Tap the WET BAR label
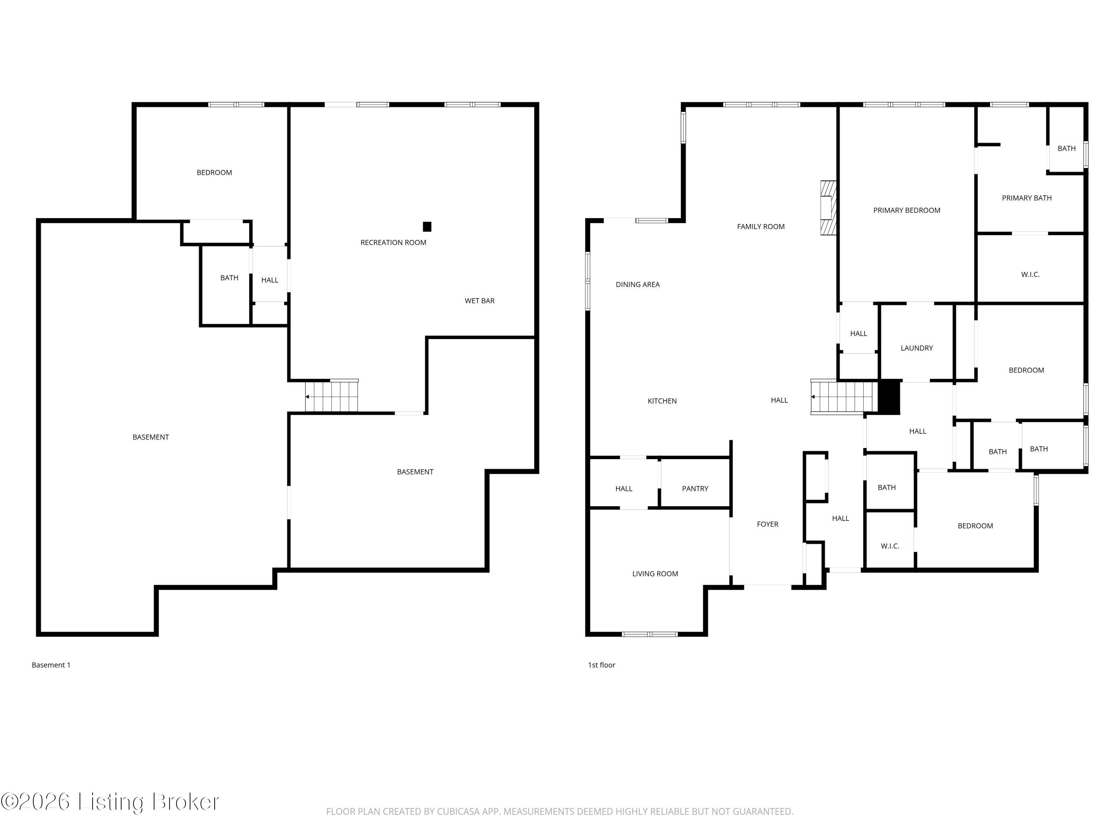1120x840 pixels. pos(479,301)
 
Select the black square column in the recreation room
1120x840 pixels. pos(427,227)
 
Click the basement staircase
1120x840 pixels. pos(332,396)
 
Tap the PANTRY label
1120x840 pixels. pos(695,489)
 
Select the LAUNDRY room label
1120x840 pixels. pos(917,348)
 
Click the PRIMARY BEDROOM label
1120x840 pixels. pos(906,210)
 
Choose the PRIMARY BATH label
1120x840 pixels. pos(1026,198)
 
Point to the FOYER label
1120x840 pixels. pos(767,524)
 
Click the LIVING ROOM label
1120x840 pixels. pos(655,574)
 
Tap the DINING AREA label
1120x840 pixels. pos(638,284)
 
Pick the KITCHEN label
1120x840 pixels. pos(662,401)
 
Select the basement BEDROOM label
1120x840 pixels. pos(214,172)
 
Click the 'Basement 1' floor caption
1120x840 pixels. pos(51,665)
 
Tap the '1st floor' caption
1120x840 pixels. pos(601,665)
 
